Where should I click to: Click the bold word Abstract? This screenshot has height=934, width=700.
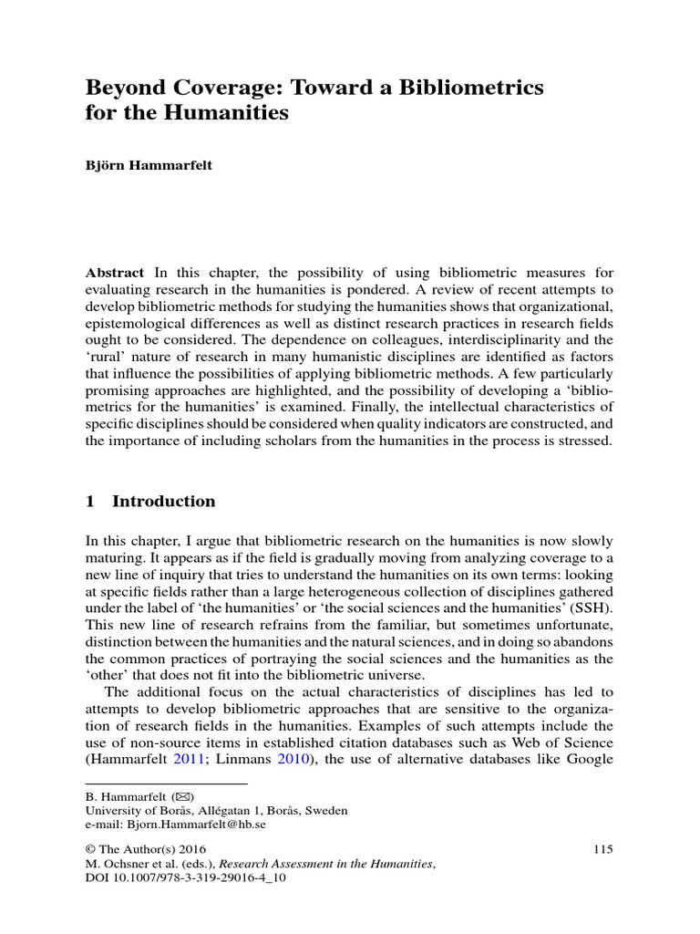point(114,273)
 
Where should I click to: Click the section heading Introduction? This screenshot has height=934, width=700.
point(163,501)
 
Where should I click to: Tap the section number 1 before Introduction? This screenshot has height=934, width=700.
point(90,501)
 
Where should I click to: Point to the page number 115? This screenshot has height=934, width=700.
point(602,849)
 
